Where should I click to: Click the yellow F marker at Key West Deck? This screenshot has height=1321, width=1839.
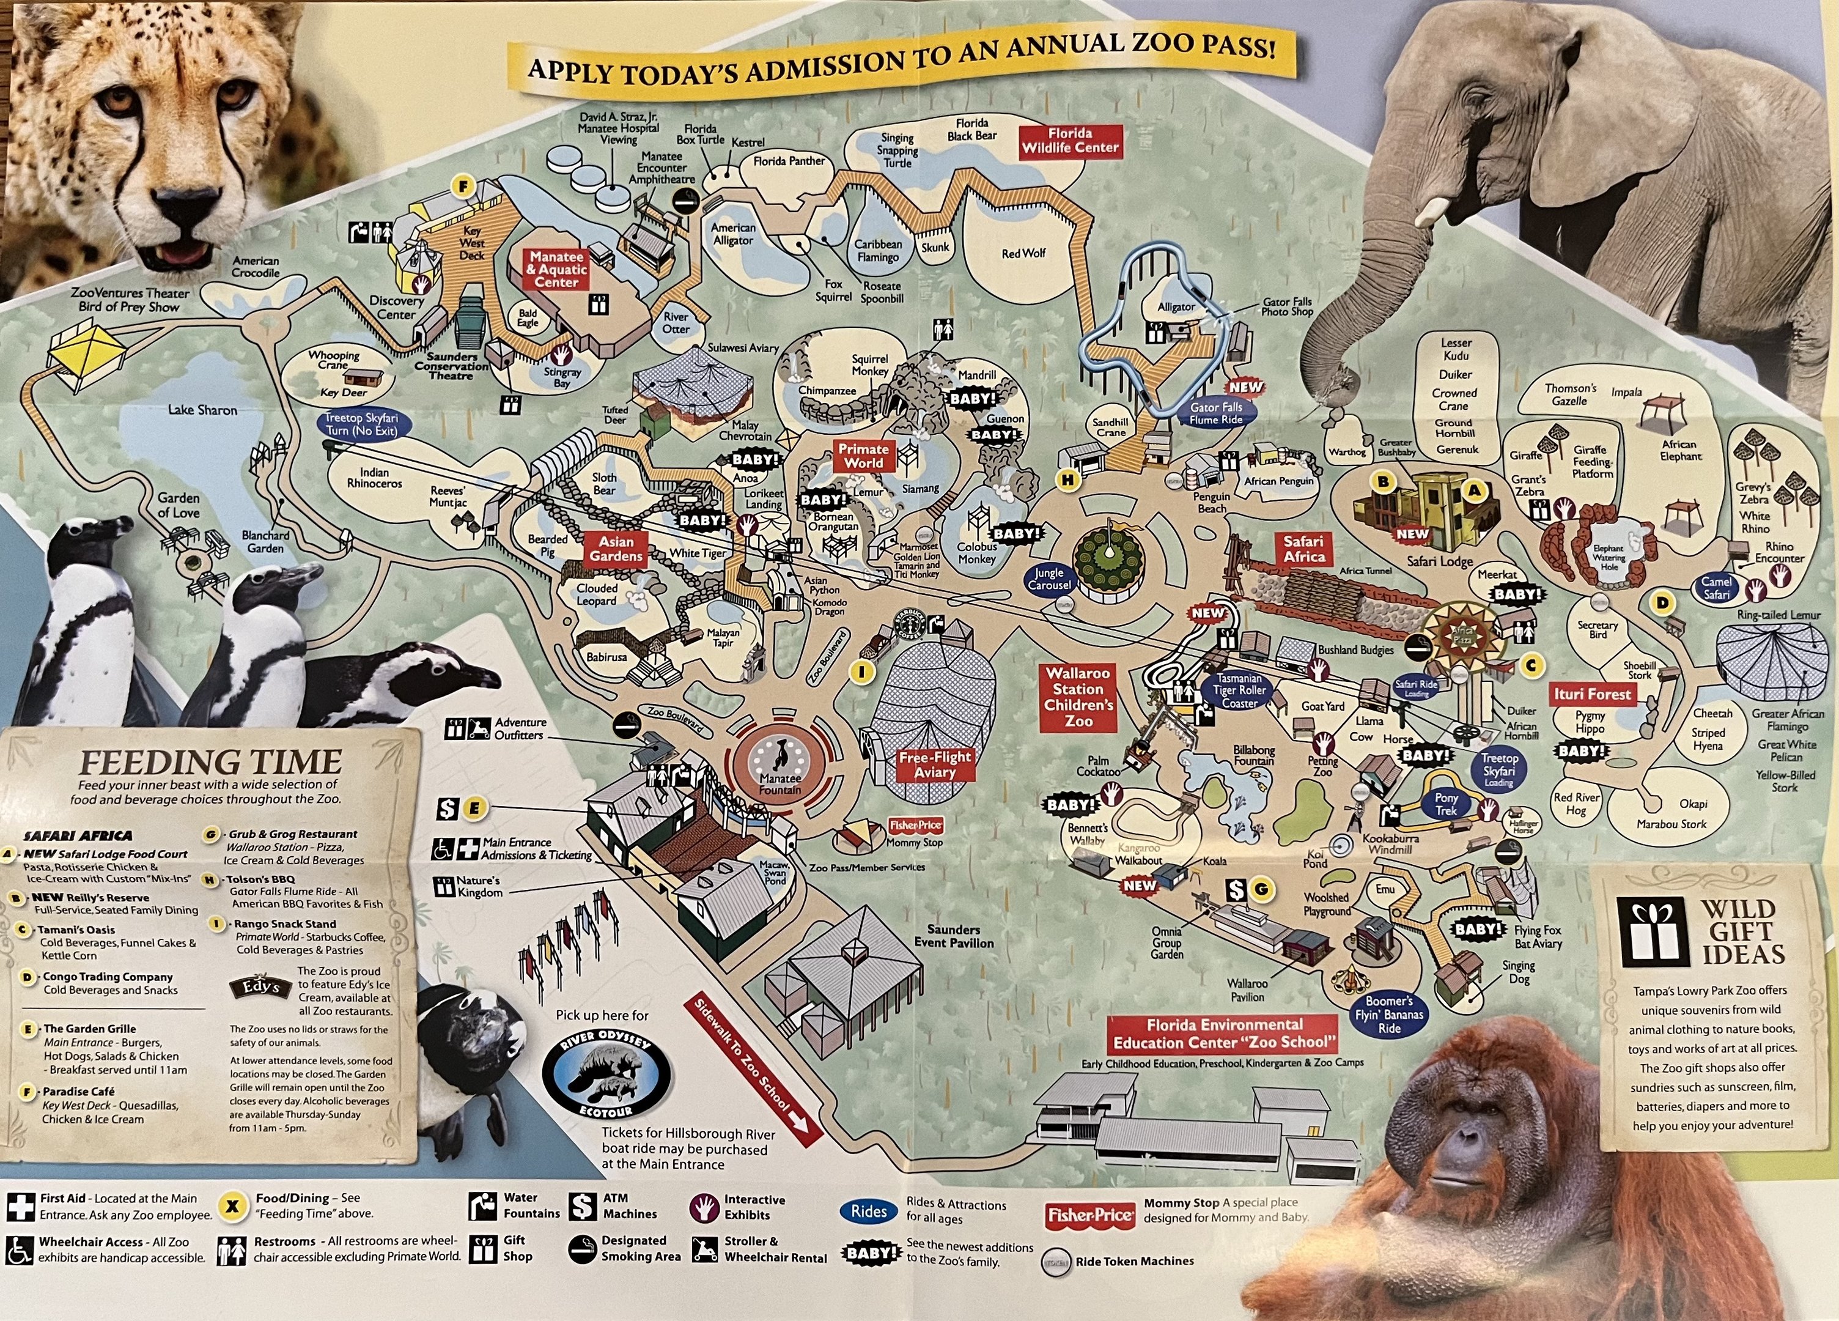click(463, 187)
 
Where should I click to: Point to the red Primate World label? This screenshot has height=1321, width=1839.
click(863, 456)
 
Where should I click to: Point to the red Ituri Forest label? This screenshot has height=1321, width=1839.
click(1591, 694)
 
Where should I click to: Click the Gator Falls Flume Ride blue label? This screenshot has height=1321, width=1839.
click(1215, 413)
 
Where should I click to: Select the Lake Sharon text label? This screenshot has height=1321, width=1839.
click(203, 410)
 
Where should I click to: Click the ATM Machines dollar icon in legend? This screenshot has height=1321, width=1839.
click(582, 1206)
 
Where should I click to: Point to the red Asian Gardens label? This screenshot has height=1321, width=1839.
click(616, 549)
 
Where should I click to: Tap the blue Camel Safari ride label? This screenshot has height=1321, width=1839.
click(1716, 588)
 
